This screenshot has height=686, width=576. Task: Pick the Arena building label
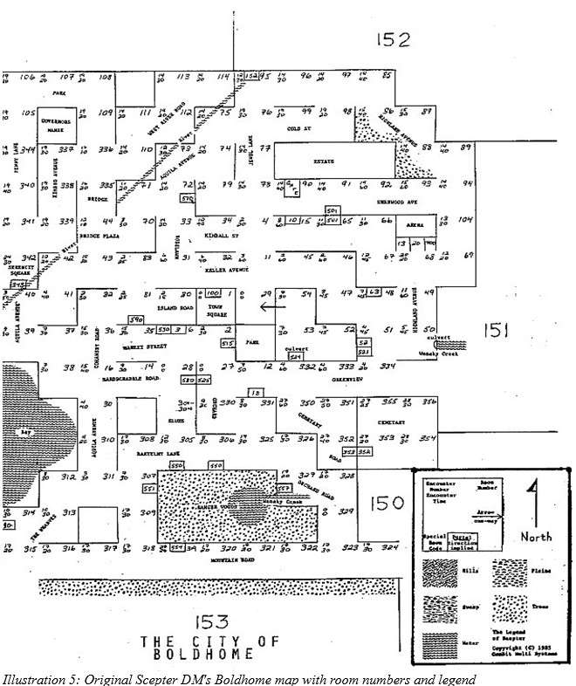[x=415, y=225]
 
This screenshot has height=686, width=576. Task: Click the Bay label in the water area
[x=13, y=432]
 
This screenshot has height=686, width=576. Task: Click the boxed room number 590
[x=135, y=320]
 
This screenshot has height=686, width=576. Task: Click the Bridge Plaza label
[x=97, y=236]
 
